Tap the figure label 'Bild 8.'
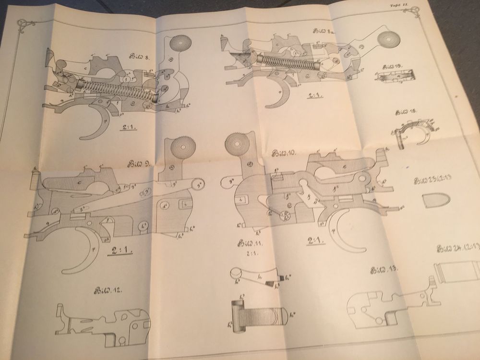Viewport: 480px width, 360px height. coord(140,56)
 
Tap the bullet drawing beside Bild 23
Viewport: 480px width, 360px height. coord(435,201)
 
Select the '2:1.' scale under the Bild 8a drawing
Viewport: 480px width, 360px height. coord(314,95)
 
